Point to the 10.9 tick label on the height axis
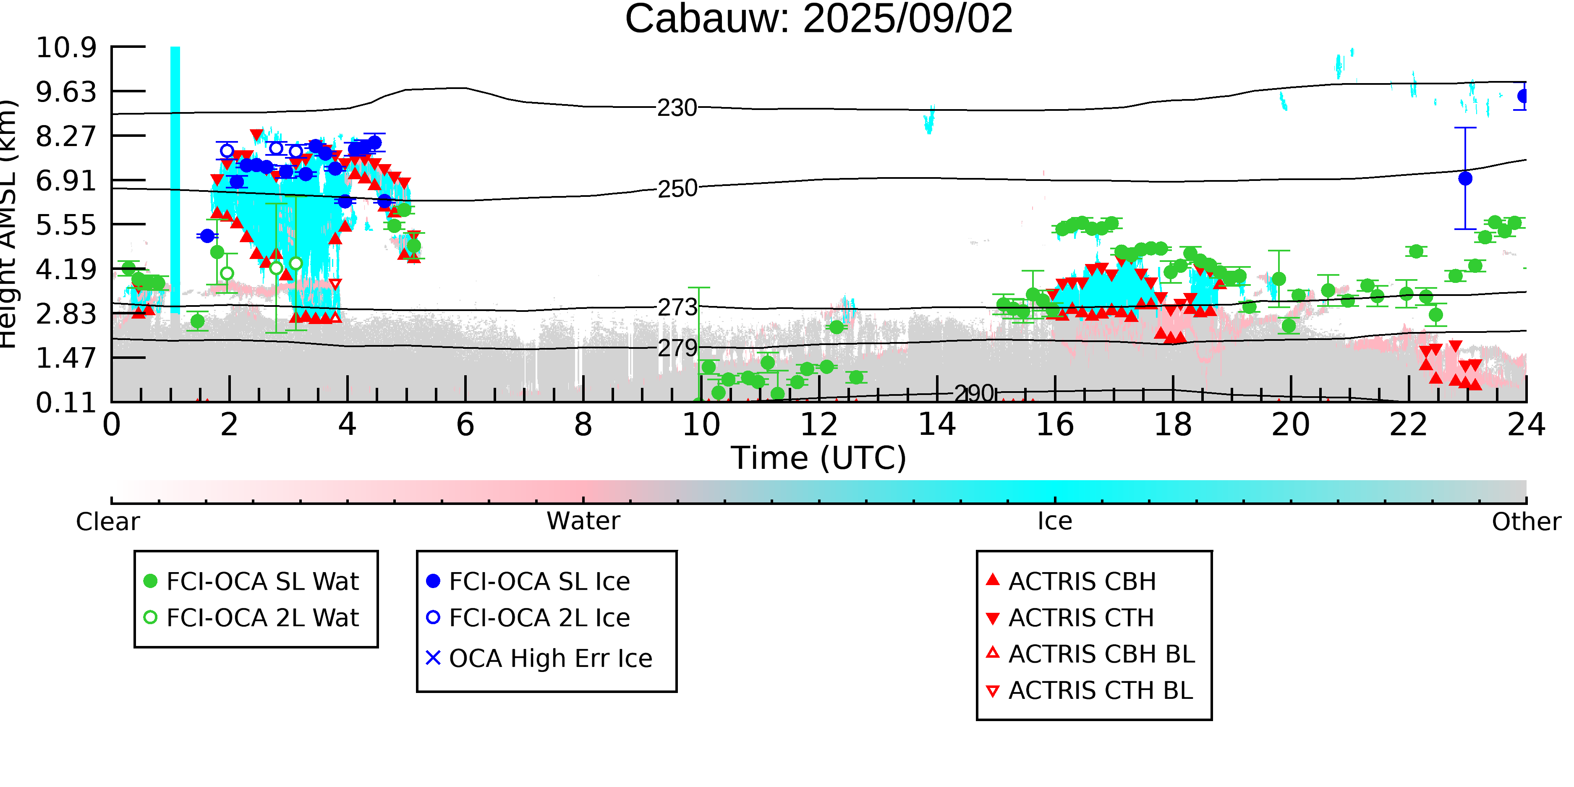point(66,48)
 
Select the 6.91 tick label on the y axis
point(66,181)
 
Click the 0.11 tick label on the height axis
point(66,403)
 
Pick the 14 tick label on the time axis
point(937,425)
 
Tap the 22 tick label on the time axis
point(1408,425)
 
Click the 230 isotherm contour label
point(677,108)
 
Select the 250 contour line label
point(677,189)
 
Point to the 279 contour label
point(677,348)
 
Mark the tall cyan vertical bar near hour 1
point(175,177)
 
